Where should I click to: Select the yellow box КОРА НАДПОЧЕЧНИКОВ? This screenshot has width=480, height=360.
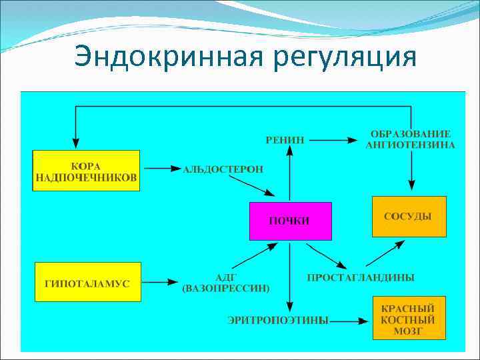tap(86, 171)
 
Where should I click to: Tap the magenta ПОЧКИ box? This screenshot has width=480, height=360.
tap(289, 221)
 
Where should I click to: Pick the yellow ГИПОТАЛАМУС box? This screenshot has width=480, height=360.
tap(87, 283)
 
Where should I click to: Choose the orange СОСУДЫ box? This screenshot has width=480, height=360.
tap(409, 217)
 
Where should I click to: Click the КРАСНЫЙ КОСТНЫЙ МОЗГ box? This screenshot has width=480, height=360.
tap(409, 321)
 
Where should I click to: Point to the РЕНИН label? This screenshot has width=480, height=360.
tap(285, 140)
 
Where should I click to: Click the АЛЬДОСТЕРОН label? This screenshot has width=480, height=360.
tap(223, 169)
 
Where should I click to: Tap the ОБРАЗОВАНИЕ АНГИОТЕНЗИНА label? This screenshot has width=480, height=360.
tap(411, 139)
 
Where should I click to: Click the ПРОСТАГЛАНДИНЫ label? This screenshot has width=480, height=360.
tap(361, 277)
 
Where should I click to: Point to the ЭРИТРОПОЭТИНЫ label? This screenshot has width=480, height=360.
tap(278, 321)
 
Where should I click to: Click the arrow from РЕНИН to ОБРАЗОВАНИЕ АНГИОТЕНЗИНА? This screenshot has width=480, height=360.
tap(334, 140)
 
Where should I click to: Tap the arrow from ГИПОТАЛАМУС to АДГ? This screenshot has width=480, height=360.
tap(161, 283)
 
